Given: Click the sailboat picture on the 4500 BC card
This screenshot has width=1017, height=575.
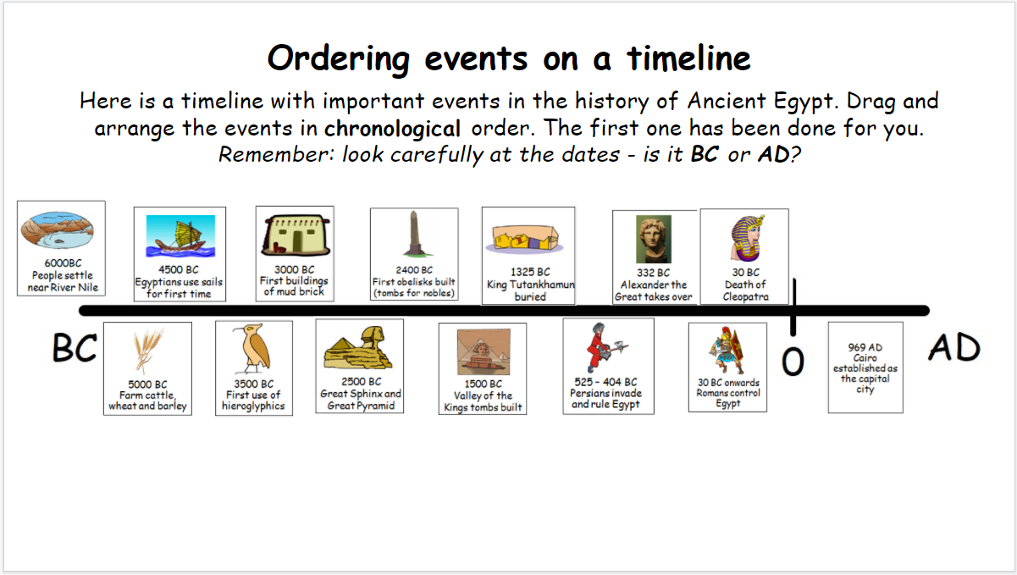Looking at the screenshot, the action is point(180,236).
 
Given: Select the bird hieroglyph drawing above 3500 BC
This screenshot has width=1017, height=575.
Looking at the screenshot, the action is point(253,348).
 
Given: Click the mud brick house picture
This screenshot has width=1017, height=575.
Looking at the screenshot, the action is point(296,235).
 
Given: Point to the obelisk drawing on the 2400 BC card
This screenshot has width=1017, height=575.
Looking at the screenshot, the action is point(413,234).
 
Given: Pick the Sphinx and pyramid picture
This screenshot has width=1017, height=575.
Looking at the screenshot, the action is point(358,348).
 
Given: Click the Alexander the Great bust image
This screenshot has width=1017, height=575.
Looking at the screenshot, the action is point(654,239).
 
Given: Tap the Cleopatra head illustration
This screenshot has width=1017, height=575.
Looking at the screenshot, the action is point(748,238).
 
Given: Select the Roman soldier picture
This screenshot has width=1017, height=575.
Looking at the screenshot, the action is point(727,351).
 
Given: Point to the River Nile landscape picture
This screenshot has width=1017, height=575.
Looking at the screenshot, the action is point(58,229).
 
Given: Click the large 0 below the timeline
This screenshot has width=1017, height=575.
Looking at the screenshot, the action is point(793,362).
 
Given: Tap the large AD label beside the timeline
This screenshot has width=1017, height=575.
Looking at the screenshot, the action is point(953,348).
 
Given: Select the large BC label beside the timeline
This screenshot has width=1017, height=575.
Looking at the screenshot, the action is point(75,348).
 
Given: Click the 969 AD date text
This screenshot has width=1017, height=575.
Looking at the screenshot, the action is point(865,347).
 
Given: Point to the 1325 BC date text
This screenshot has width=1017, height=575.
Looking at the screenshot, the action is point(530,272).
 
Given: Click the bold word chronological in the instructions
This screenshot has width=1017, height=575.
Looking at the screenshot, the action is point(392,129).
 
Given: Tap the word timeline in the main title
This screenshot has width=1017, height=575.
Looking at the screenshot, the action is point(688,59).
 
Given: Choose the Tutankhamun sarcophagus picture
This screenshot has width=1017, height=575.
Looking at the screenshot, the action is point(525,239).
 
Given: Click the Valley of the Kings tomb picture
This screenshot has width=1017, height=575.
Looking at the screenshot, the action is point(484,351).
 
